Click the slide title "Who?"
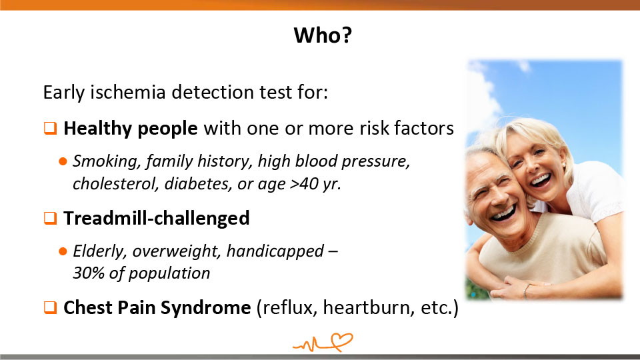(323, 35)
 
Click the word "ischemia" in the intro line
(128, 92)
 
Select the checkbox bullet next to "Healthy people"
(50, 128)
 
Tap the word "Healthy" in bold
(97, 129)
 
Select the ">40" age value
(304, 184)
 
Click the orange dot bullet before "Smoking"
(63, 161)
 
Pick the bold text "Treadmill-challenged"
(156, 218)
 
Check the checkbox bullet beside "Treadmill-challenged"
(50, 218)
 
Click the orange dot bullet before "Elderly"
(63, 251)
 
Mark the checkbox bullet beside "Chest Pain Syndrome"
(50, 307)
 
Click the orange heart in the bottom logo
(342, 341)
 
